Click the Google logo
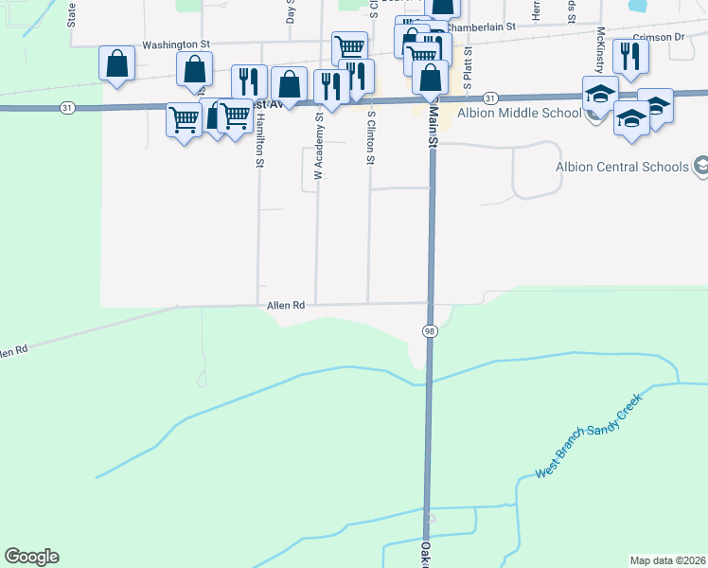[31, 557]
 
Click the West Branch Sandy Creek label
[588, 435]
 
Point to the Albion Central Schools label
[622, 168]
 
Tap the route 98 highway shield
[430, 329]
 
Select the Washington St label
[175, 44]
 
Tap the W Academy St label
[319, 146]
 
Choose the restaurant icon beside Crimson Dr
[628, 56]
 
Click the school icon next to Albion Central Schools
[700, 167]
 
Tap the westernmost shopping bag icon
[116, 63]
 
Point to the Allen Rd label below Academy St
[286, 305]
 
